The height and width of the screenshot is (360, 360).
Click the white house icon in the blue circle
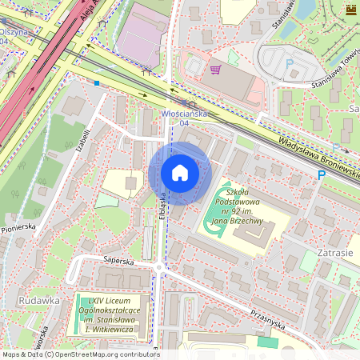(x=180, y=173)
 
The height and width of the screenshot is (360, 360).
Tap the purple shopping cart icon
(x=215, y=70)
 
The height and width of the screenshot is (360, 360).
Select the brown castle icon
(x=350, y=10)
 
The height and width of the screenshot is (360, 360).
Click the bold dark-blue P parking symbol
(x=322, y=175)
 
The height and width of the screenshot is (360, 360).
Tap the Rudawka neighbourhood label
(x=38, y=300)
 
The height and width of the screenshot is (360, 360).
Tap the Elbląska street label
(x=161, y=206)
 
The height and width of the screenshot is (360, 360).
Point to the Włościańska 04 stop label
(x=185, y=118)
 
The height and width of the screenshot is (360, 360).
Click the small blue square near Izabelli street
(x=97, y=82)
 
